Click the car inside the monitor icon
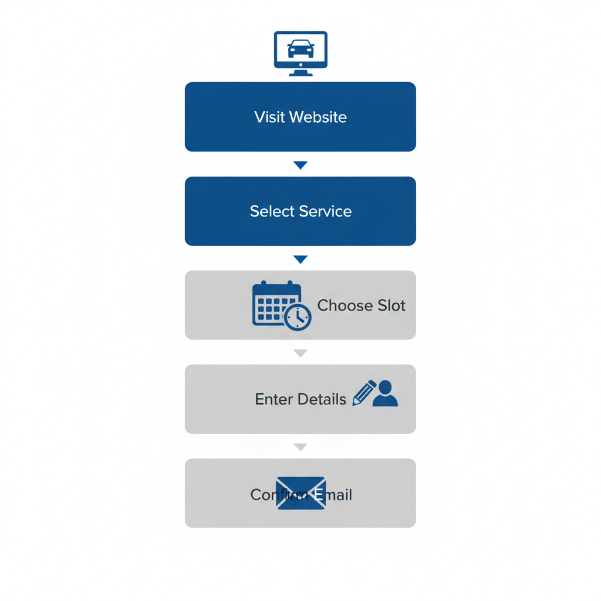(x=300, y=49)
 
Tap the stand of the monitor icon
(x=300, y=72)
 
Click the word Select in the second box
(x=272, y=211)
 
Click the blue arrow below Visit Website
(x=300, y=166)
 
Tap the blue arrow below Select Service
(x=300, y=259)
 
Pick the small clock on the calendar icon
(x=298, y=318)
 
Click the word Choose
(x=345, y=305)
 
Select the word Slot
(x=391, y=305)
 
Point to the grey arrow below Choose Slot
(x=300, y=353)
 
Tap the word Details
(x=322, y=400)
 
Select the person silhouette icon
(x=385, y=394)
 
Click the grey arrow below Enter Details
(x=300, y=447)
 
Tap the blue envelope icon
(x=300, y=493)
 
